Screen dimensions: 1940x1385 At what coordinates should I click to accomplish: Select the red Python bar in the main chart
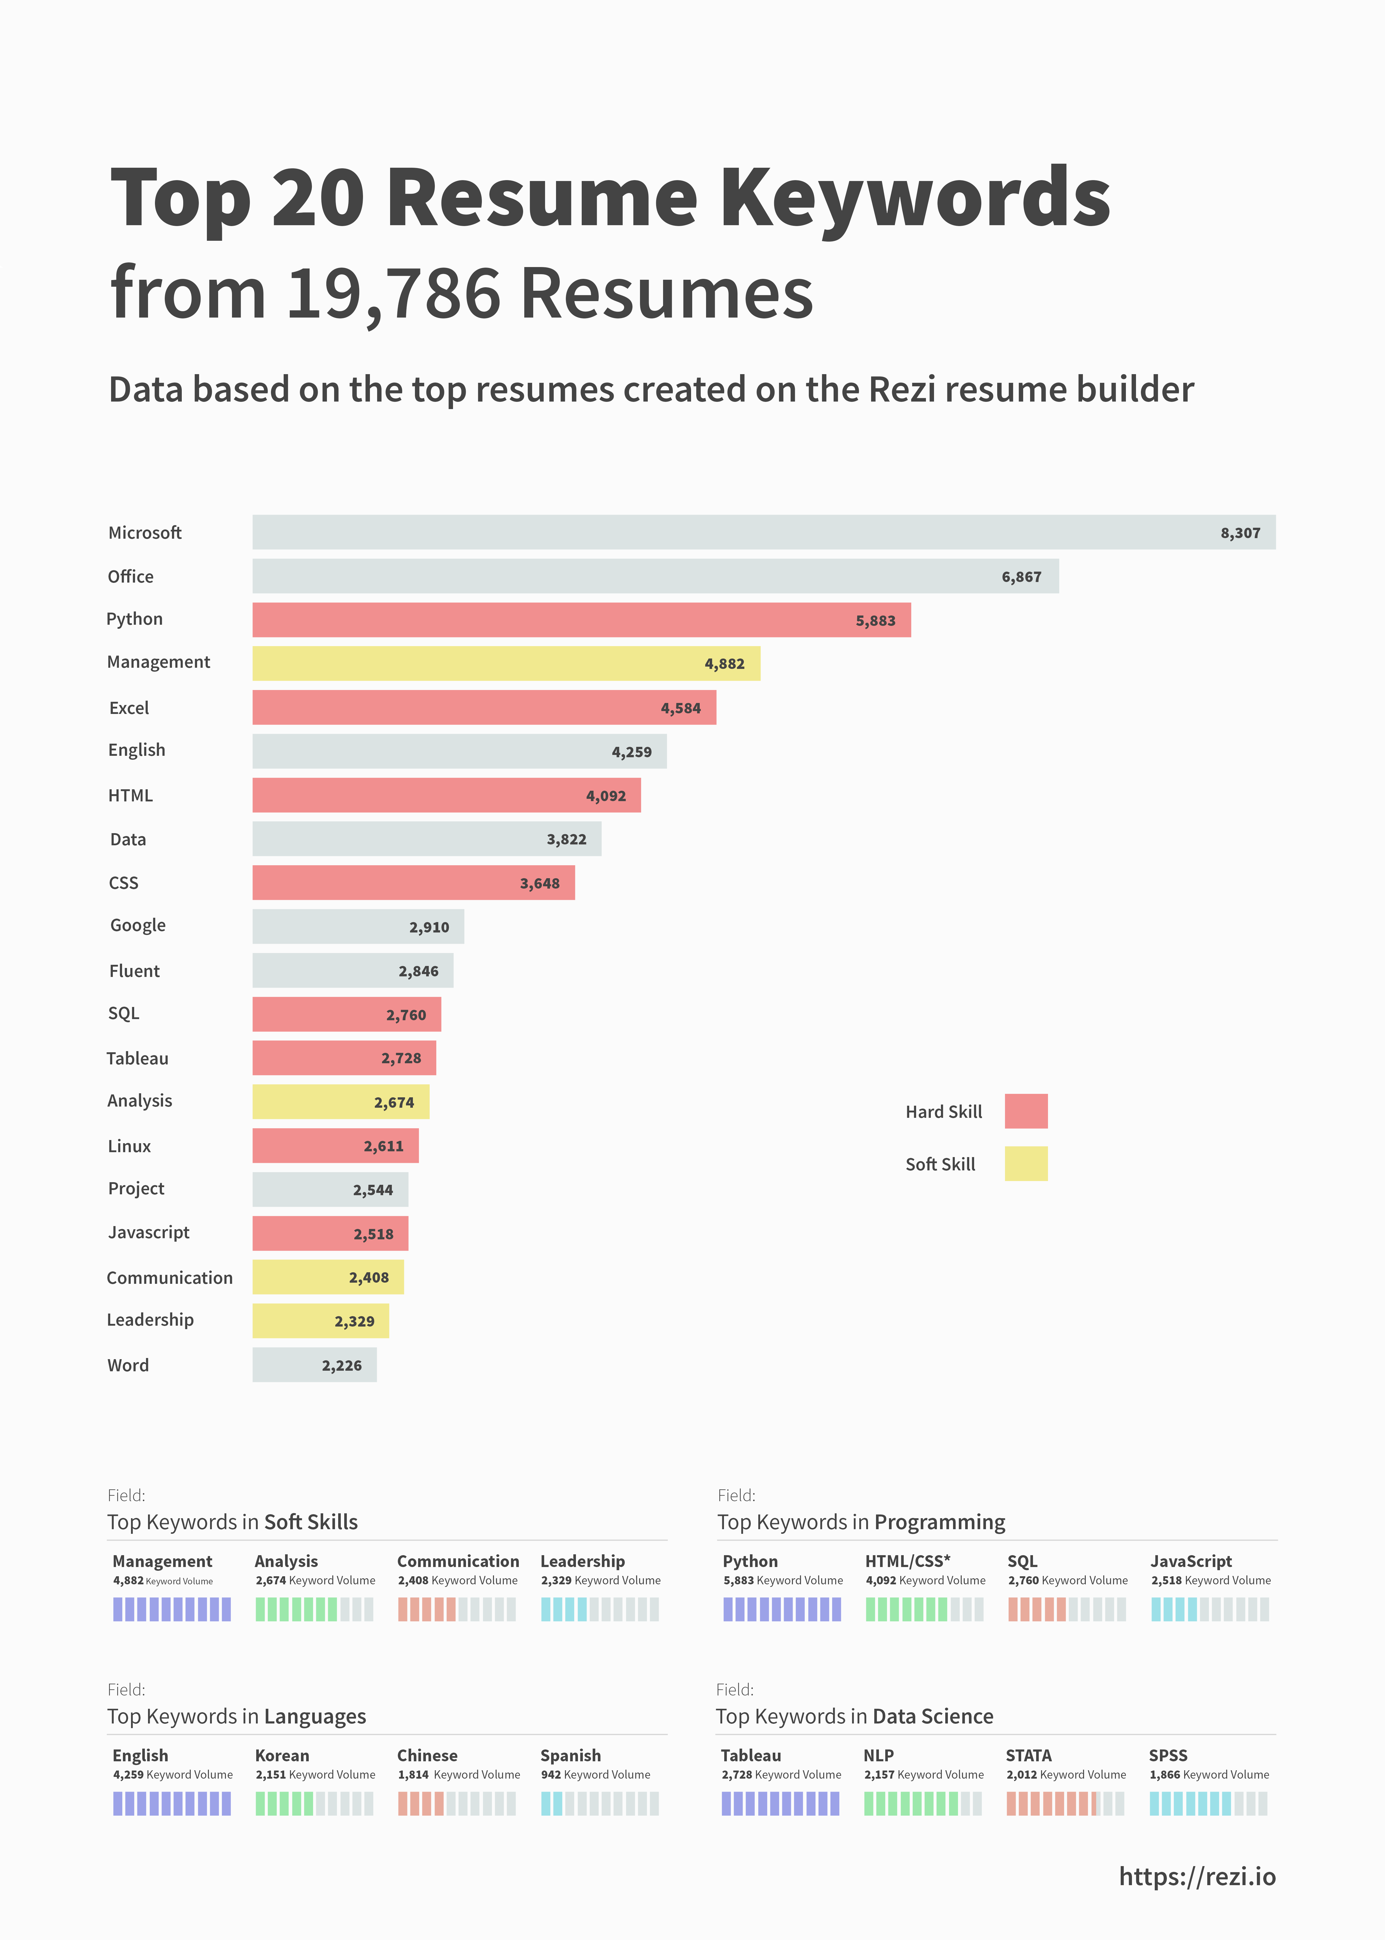pyautogui.click(x=580, y=620)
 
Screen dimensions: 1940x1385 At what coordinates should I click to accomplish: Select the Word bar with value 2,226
pyautogui.click(x=314, y=1365)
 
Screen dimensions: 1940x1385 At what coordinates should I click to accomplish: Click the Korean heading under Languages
pyautogui.click(x=282, y=1755)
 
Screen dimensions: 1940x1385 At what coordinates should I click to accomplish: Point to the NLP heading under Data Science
pyautogui.click(x=878, y=1755)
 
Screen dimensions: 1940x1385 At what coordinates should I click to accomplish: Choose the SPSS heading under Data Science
pyautogui.click(x=1167, y=1755)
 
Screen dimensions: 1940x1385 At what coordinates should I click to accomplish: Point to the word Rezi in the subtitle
pyautogui.click(x=902, y=390)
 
